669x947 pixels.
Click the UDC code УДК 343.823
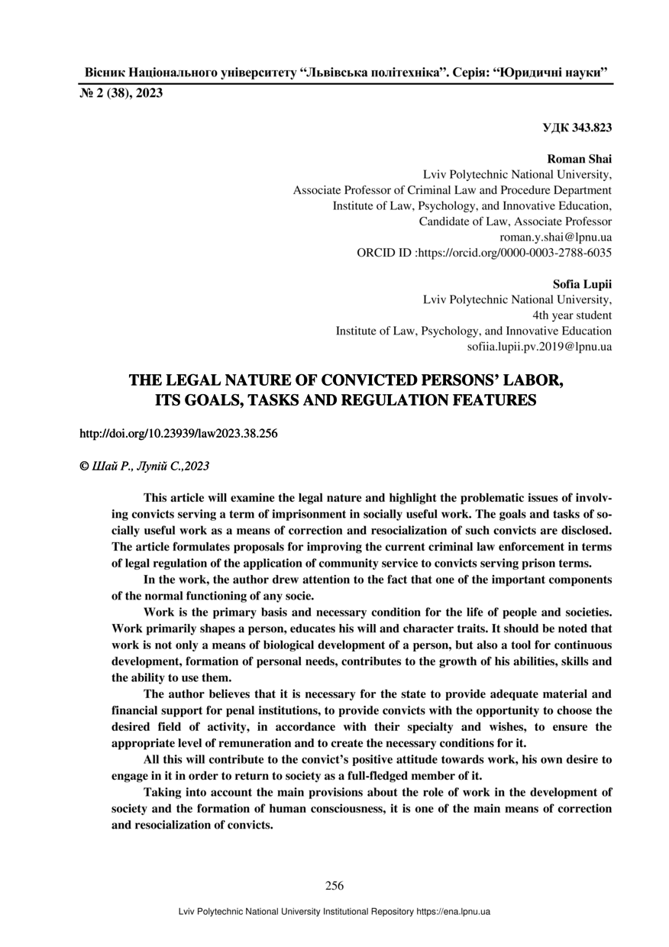point(577,128)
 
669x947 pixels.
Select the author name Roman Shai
point(580,159)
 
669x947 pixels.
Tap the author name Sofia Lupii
point(582,284)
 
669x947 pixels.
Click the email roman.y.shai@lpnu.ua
point(555,237)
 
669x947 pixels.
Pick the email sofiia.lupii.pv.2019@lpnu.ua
point(538,347)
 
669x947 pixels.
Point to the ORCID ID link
point(484,252)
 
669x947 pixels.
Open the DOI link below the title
point(179,434)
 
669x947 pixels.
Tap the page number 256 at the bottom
point(334,886)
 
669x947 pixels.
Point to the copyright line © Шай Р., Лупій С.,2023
point(144,465)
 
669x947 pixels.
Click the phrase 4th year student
point(572,315)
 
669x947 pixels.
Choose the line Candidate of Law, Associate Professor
point(515,221)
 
